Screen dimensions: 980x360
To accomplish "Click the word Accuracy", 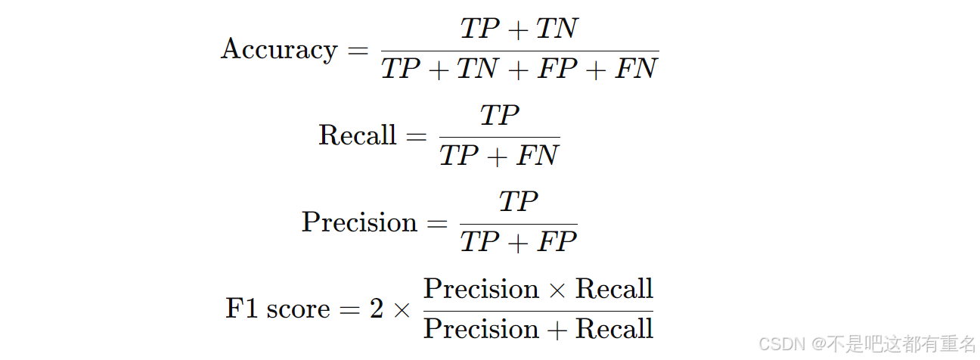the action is (x=279, y=50).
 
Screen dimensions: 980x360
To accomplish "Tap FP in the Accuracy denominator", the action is (x=556, y=70).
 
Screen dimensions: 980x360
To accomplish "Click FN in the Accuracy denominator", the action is (x=636, y=70).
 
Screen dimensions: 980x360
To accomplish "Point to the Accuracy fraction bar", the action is (x=519, y=51).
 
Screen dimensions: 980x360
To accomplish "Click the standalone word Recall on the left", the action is (x=358, y=135).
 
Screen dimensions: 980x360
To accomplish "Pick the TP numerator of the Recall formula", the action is (x=499, y=116).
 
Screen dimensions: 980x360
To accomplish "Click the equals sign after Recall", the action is (x=417, y=137).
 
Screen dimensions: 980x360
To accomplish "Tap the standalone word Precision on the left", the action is (x=359, y=222).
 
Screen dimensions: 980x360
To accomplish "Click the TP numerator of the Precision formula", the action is (x=518, y=202).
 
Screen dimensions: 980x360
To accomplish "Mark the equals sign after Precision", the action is (x=437, y=223).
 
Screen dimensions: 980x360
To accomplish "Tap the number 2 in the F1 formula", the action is (x=377, y=309).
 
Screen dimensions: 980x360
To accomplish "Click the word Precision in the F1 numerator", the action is (x=481, y=289).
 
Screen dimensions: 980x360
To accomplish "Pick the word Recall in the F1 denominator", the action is (x=614, y=329).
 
